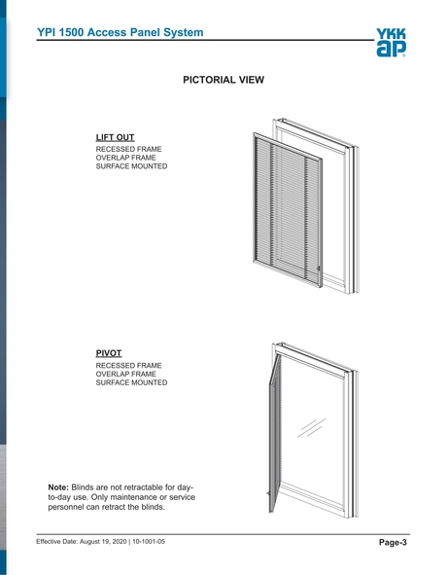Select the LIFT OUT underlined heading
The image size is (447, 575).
pyautogui.click(x=115, y=137)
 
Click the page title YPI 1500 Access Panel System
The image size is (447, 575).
pyautogui.click(x=120, y=32)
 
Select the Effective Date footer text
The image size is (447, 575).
pyautogui.click(x=100, y=541)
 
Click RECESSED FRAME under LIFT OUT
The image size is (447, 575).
pyautogui.click(x=128, y=149)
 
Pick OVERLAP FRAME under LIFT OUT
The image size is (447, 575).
pyautogui.click(x=126, y=158)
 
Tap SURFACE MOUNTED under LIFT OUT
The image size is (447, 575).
pyautogui.click(x=131, y=166)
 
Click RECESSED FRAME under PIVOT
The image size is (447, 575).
pyautogui.click(x=128, y=365)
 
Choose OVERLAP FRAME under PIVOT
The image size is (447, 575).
pyautogui.click(x=126, y=374)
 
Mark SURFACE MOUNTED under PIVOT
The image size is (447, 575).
pyautogui.click(x=131, y=382)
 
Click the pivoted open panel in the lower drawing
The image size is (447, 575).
pyautogui.click(x=272, y=433)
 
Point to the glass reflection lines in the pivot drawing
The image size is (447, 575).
pyautogui.click(x=311, y=429)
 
